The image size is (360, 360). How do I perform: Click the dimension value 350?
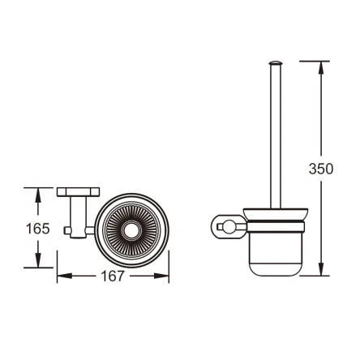(321, 169)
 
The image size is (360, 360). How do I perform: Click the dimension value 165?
(37, 229)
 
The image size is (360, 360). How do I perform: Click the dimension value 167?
(113, 276)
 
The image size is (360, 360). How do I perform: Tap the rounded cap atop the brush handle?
(276, 63)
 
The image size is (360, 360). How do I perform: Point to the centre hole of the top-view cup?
(131, 230)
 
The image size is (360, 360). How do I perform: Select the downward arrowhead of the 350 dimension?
(321, 268)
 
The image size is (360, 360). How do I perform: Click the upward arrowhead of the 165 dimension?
(37, 195)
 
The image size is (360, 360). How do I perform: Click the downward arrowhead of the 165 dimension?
(37, 260)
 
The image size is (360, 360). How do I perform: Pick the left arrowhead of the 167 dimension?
(65, 276)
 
